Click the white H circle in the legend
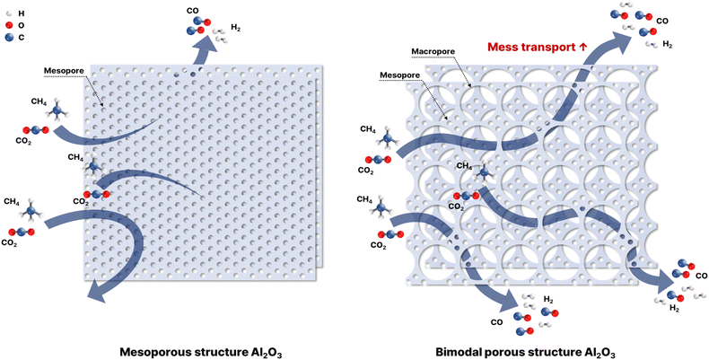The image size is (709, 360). pos(9,13)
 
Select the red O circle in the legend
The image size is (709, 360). pos(9,26)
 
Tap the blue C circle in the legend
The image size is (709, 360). pos(9,39)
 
